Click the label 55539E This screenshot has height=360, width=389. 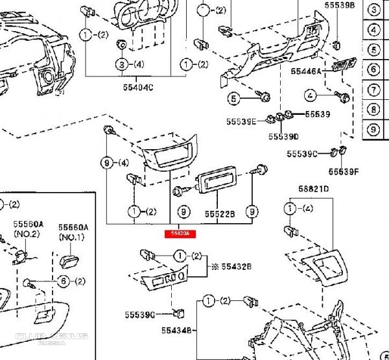point(241,121)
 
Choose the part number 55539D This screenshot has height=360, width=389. point(283,137)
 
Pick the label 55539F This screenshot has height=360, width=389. point(344,171)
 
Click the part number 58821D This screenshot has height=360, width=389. point(314,189)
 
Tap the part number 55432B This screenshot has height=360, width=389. point(236,267)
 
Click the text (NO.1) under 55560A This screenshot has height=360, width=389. point(72,237)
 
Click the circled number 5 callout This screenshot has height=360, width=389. point(234,99)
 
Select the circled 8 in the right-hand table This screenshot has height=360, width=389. point(373,110)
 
